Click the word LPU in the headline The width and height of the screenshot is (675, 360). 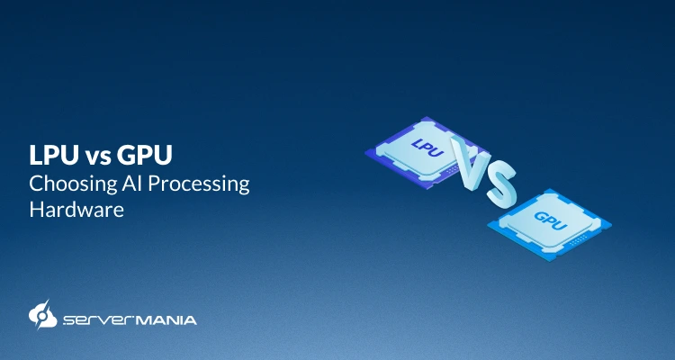click(52, 157)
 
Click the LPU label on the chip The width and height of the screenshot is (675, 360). click(427, 147)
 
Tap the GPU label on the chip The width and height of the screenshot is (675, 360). click(549, 219)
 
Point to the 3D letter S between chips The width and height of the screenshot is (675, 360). click(500, 183)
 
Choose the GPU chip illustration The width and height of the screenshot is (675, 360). click(550, 221)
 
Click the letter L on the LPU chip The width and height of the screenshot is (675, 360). click(417, 142)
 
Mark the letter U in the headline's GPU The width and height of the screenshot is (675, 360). click(162, 157)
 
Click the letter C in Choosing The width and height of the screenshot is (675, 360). click(37, 184)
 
